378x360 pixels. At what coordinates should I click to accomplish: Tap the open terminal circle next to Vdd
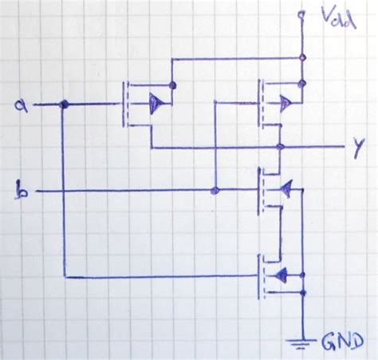302,15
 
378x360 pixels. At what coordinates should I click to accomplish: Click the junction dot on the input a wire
65,105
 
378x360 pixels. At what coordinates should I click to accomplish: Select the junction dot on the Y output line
279,148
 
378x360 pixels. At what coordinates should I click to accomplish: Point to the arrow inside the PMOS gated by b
284,101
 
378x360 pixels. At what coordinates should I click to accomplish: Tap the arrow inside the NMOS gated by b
285,188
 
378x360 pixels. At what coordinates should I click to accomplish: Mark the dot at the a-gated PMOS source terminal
173,85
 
